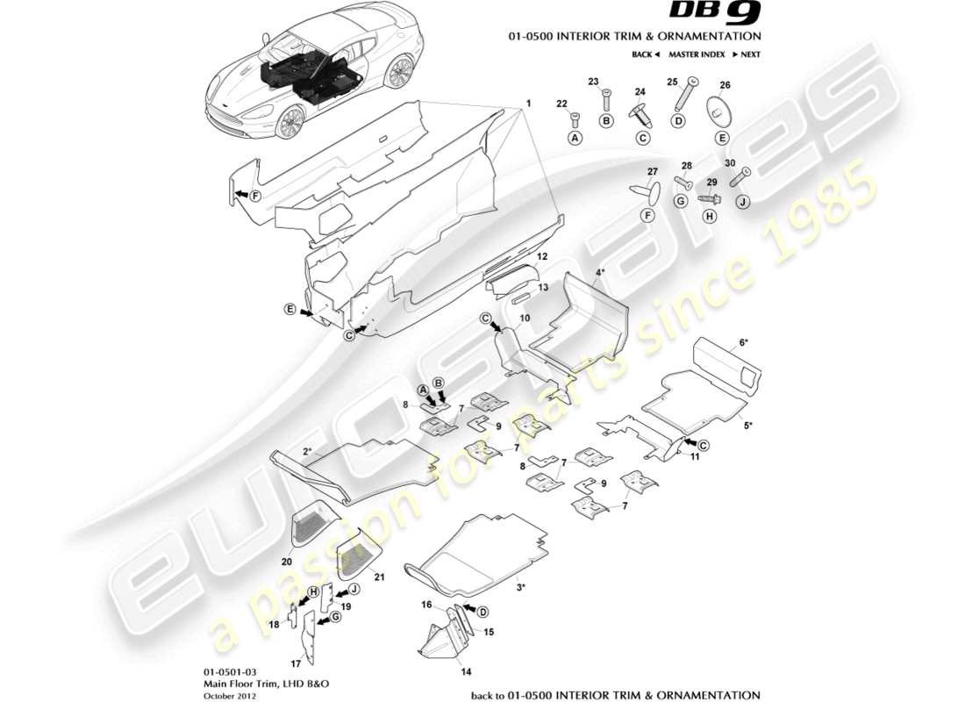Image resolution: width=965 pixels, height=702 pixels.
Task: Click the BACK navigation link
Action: coord(645,54)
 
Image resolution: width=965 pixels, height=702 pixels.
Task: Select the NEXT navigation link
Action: coord(746,54)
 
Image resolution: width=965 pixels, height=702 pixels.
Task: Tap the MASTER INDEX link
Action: coord(696,54)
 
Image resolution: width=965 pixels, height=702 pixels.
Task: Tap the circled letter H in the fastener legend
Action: coord(711,215)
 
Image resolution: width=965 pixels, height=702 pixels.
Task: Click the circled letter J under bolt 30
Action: coord(741,202)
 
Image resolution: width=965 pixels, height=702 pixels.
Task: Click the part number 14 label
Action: coord(466,672)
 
